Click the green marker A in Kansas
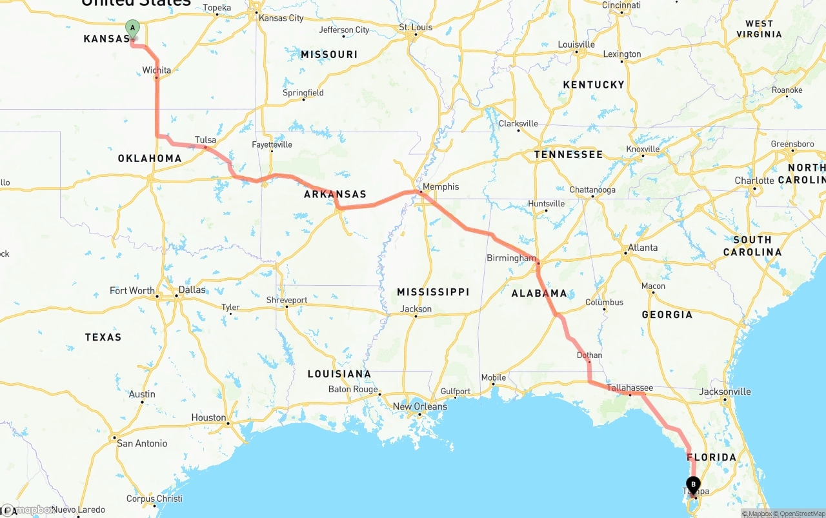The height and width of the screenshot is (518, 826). tap(132, 28)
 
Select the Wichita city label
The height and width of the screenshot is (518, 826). tap(157, 70)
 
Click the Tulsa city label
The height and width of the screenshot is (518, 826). tap(205, 140)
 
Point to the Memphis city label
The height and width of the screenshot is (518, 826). tap(441, 186)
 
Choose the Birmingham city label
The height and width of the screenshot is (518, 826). tap(511, 258)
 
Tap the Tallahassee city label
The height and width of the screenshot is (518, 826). tap(630, 388)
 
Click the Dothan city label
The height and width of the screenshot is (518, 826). tap(589, 355)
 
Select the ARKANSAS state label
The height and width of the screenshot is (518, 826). tap(335, 194)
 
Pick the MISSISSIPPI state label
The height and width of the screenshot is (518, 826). tap(433, 292)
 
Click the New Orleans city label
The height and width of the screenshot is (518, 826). tap(420, 406)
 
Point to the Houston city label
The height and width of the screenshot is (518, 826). tap(208, 417)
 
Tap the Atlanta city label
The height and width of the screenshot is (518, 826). tap(643, 248)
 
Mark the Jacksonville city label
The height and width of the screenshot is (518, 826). tap(725, 392)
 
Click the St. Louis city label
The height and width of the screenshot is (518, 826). tap(415, 27)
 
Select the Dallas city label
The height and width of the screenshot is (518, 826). tap(192, 290)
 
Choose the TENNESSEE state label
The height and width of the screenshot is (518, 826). tap(568, 154)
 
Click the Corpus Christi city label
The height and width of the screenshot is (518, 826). tap(154, 499)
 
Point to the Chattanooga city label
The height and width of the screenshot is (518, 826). tap(592, 190)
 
